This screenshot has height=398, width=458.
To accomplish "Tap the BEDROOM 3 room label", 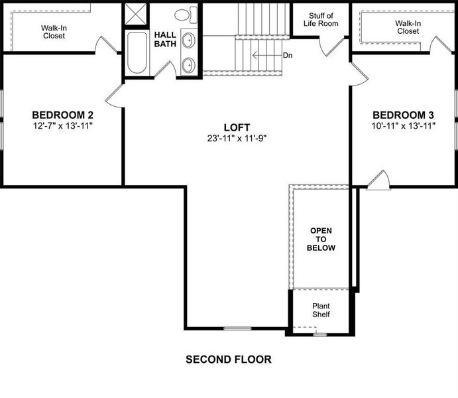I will (403, 114).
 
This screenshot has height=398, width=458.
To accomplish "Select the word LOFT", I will (237, 127).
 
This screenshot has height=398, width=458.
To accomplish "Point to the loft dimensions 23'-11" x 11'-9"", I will (237, 139).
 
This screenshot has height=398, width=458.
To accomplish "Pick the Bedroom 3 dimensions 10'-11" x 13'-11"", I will (403, 125).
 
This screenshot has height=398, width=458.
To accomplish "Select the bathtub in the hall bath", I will (138, 52).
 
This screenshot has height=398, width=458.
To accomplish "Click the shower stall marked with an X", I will (135, 15).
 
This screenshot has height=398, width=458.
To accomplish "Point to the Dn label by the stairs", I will (287, 56).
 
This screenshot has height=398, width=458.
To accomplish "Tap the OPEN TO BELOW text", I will (321, 239).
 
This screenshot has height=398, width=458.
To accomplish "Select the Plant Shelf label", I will (321, 310).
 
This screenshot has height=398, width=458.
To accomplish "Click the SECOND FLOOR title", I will (228, 360).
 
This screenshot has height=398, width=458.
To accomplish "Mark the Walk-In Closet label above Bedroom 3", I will (408, 27).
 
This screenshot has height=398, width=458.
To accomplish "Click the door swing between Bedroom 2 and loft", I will (114, 96).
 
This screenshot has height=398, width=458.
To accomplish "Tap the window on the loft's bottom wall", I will (237, 328).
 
